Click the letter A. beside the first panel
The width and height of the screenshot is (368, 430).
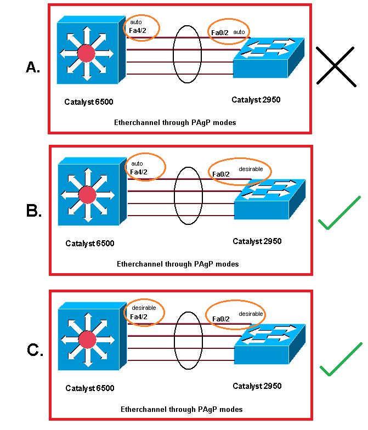[33, 67]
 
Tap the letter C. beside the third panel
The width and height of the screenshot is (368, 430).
[35, 350]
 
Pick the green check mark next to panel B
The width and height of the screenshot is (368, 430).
[339, 214]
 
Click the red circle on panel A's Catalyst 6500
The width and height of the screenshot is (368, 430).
[86, 53]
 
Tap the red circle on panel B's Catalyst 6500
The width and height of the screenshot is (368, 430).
[87, 195]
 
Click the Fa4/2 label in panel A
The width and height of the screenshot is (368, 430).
[139, 30]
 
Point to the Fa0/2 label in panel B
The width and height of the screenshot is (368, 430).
[221, 175]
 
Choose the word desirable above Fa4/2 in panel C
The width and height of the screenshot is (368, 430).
[144, 308]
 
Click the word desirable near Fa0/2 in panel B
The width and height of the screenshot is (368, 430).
[251, 169]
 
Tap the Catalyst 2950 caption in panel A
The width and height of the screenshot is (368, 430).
[256, 100]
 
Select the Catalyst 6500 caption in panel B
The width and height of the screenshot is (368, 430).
[89, 244]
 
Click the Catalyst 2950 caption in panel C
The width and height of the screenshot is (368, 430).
[257, 386]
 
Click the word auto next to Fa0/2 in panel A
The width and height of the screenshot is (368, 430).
[239, 32]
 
